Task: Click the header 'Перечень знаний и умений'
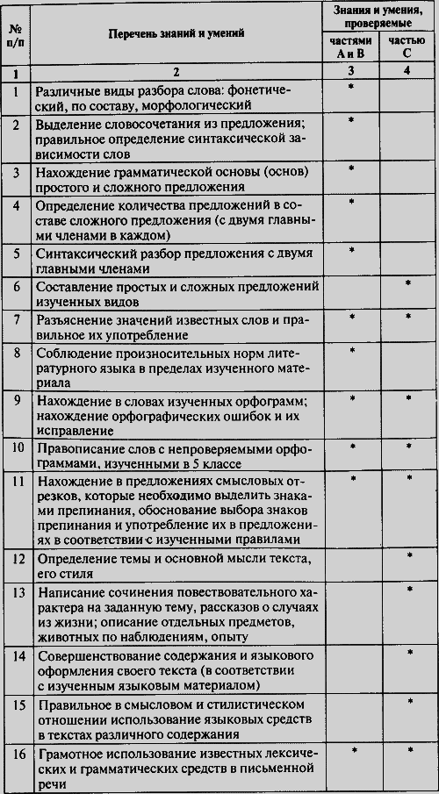[x=176, y=33]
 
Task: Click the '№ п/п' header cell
[x=17, y=33]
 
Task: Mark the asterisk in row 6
[x=407, y=284]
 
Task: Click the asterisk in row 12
[x=407, y=556]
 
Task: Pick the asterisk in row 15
[x=407, y=703]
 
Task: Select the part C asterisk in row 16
[x=407, y=752]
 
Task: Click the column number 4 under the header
[x=407, y=72]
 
